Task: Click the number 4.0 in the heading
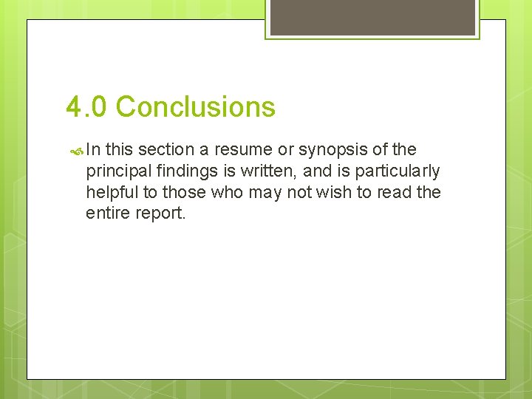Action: [x=86, y=107]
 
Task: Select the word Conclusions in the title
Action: [x=195, y=107]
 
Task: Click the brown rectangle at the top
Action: [x=372, y=17]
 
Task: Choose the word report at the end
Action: [x=160, y=214]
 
